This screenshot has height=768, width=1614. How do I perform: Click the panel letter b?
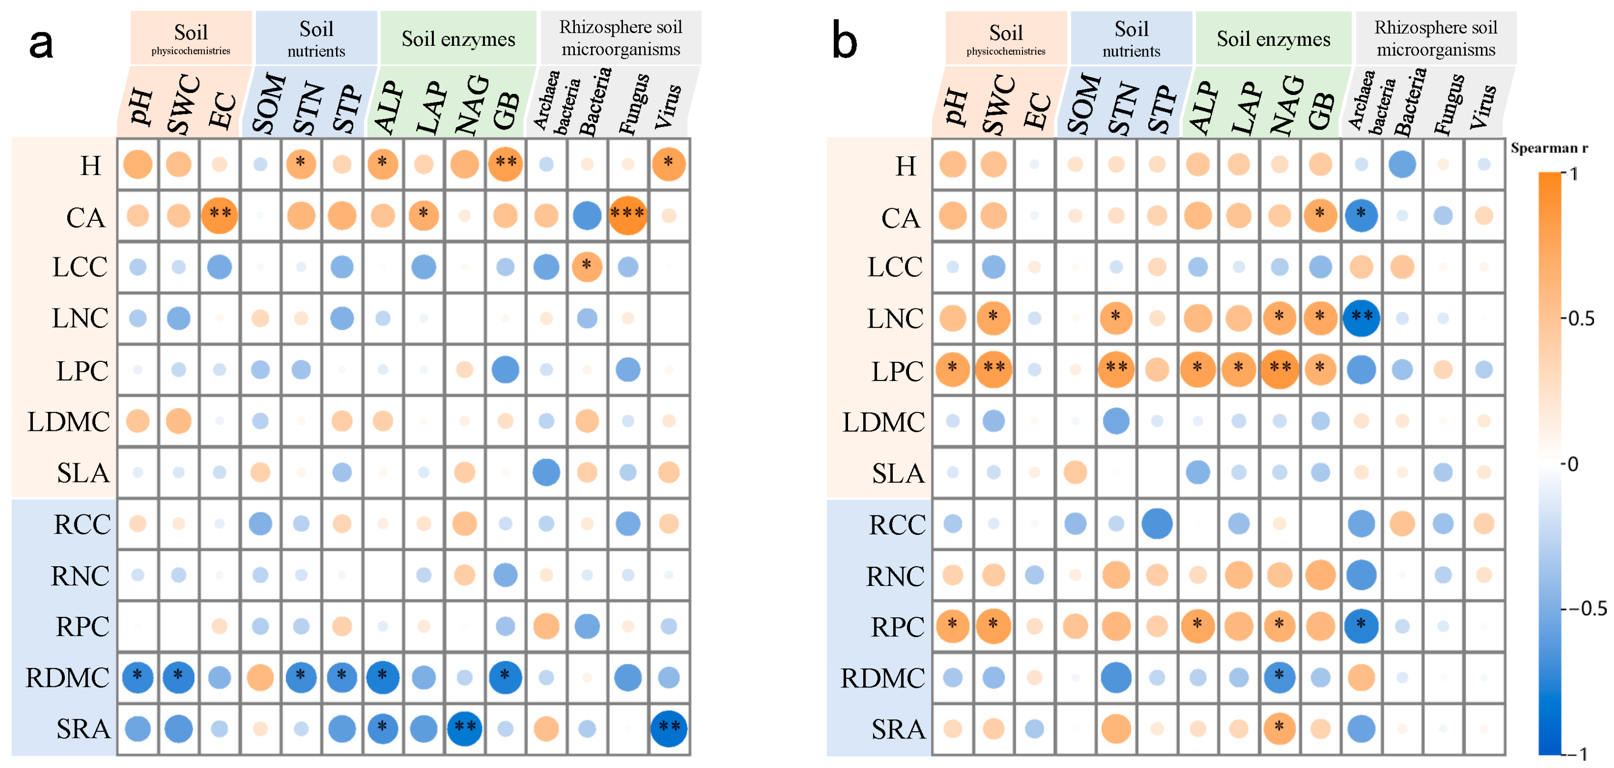pos(844,42)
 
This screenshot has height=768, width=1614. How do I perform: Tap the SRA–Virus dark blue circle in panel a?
pos(669,728)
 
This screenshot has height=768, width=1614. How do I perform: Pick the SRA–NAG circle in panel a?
pos(464,728)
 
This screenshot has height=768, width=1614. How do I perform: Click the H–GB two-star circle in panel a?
pos(505,164)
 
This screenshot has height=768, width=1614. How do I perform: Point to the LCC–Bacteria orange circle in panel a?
pos(586,266)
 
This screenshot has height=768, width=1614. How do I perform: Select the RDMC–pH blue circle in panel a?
pos(138,677)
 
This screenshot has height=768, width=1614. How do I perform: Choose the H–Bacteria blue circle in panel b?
pos(1401,164)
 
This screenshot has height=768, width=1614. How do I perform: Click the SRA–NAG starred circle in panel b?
pos(1279,728)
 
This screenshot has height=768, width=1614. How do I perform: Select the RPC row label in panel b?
pos(897,626)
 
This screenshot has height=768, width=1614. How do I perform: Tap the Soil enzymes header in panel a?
pos(458,39)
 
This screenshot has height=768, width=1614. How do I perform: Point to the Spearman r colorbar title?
pos(1549,148)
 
